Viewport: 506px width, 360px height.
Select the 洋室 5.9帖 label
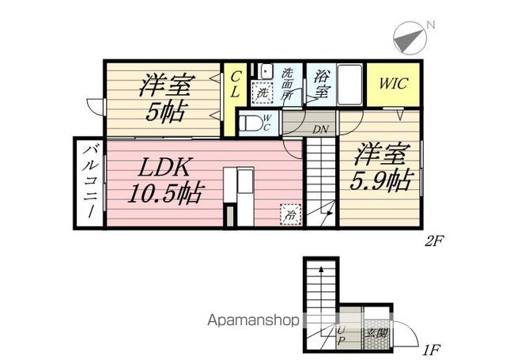coord(380,166)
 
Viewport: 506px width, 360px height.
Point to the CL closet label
coord(235,85)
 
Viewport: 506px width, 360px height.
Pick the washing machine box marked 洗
coord(262,93)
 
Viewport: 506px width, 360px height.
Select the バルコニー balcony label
coord(89,183)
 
